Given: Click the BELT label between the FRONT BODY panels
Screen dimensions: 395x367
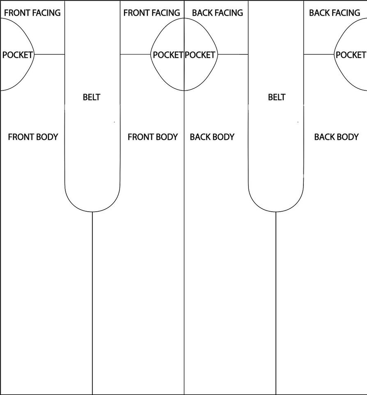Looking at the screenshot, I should [x=92, y=97].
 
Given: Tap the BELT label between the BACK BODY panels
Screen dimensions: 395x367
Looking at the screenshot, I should [x=276, y=97].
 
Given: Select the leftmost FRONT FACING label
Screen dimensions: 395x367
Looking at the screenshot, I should [x=32, y=13].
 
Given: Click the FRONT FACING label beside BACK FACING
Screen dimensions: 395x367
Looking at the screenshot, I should [x=151, y=13].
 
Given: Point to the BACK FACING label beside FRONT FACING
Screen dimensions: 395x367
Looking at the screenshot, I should [x=217, y=13].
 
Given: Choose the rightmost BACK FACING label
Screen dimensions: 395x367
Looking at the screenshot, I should [x=335, y=13].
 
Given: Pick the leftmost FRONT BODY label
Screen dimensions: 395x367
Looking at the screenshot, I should [x=33, y=137].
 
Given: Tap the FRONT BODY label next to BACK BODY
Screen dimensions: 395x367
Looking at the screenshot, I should [x=153, y=137].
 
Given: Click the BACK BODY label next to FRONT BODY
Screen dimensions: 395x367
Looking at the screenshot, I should [x=212, y=137].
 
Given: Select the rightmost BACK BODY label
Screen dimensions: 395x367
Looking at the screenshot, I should [x=336, y=137].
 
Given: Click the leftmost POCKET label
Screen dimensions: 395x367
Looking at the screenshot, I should [x=17, y=55].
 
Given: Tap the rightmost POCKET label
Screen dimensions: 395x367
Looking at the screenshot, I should [x=351, y=55].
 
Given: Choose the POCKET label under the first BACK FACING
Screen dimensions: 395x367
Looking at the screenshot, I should [x=200, y=55].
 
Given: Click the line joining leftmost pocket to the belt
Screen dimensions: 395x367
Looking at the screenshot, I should [x=49, y=54].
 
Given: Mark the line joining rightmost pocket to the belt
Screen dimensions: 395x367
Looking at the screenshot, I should [x=319, y=54].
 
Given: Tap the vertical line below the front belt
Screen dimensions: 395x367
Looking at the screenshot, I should [x=92, y=304].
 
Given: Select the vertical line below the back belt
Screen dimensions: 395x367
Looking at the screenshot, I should [x=276, y=304].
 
